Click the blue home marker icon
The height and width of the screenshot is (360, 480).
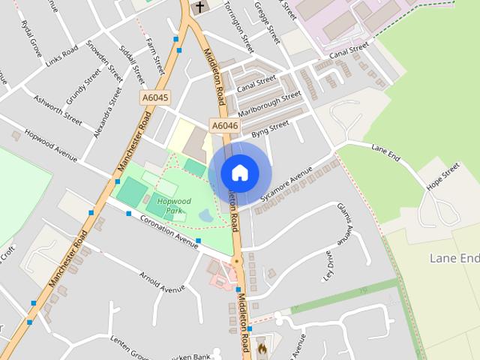point(239,172)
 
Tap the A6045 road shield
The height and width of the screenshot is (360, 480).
point(155,97)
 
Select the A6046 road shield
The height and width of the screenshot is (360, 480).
point(225,126)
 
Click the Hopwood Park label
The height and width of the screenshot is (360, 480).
point(174,206)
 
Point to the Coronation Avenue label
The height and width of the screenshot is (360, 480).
point(169,232)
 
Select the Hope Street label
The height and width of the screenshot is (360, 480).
point(442,178)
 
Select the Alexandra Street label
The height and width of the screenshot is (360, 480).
point(107,113)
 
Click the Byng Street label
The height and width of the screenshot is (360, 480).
point(270,129)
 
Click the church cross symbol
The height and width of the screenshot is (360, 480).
point(199,7)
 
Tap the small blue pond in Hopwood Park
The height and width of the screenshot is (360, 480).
point(205,216)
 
